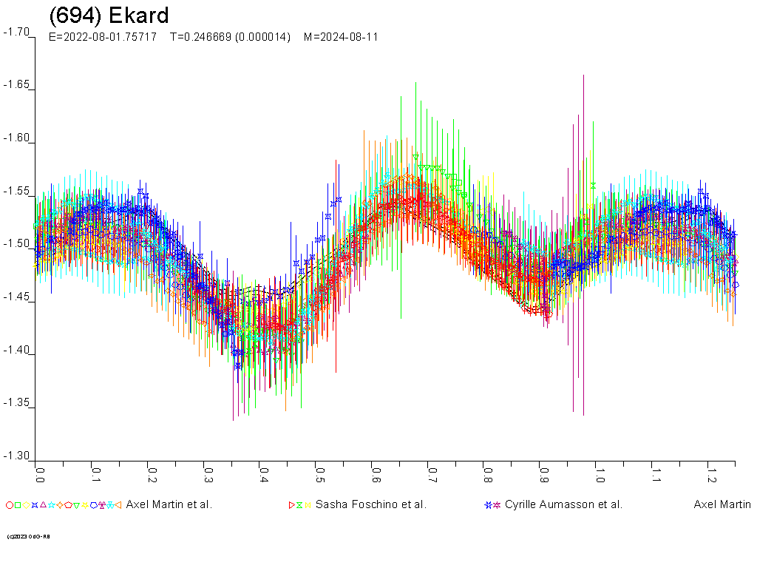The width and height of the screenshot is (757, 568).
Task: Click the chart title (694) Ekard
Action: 109,16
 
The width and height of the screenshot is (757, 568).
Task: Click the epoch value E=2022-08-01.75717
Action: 102,37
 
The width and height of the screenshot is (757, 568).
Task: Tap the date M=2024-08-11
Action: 341,37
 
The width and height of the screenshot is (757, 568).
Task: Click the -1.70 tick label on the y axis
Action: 16,33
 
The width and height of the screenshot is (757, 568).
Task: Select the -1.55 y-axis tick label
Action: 16,192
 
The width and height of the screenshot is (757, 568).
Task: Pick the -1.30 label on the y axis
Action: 16,456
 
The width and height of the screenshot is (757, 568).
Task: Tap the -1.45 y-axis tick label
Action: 16,297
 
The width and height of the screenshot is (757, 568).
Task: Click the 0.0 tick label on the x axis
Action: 39,472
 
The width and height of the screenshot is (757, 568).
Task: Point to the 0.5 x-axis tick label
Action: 319,472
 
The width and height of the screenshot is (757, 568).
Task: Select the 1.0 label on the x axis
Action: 599,472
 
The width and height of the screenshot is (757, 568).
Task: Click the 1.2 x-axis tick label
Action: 710,472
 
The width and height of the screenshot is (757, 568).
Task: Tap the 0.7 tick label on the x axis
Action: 431,472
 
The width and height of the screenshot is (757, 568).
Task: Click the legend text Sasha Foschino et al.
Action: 370,505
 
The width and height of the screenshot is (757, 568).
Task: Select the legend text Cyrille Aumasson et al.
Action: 563,505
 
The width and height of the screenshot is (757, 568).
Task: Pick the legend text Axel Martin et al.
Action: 169,505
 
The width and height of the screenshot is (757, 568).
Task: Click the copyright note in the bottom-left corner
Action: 28,536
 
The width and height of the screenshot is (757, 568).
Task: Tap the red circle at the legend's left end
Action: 9,505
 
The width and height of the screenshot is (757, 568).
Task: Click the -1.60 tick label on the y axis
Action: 16,138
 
